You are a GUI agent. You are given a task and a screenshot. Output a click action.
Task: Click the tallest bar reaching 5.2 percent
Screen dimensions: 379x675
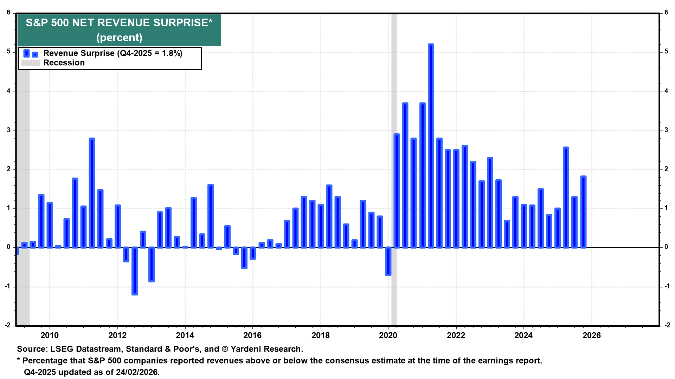click(x=431, y=146)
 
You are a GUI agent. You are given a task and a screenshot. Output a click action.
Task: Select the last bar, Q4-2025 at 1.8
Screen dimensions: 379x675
click(x=583, y=212)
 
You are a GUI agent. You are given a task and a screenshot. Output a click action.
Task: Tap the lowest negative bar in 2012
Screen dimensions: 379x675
click(x=135, y=271)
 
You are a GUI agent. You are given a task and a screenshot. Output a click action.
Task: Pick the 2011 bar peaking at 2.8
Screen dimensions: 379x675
click(x=92, y=193)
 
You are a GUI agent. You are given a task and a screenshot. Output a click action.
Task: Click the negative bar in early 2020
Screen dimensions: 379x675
click(x=388, y=261)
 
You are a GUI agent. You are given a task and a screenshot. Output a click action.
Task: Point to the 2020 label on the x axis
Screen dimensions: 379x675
click(x=388, y=335)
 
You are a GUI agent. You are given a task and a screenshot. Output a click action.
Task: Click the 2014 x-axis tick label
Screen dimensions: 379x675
click(x=185, y=335)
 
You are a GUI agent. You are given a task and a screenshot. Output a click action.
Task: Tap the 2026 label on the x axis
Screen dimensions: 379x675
click(x=592, y=335)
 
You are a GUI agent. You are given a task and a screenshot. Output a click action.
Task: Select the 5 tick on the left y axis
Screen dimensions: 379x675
click(x=9, y=52)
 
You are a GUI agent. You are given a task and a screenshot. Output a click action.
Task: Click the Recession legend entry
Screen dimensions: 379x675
click(x=64, y=63)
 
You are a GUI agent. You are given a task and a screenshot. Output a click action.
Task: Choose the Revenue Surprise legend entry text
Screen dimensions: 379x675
click(x=112, y=53)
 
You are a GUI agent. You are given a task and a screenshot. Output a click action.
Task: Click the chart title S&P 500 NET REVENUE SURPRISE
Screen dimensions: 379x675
click(x=119, y=23)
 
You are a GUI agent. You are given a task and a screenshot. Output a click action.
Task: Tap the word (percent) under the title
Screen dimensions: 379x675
click(x=119, y=38)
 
